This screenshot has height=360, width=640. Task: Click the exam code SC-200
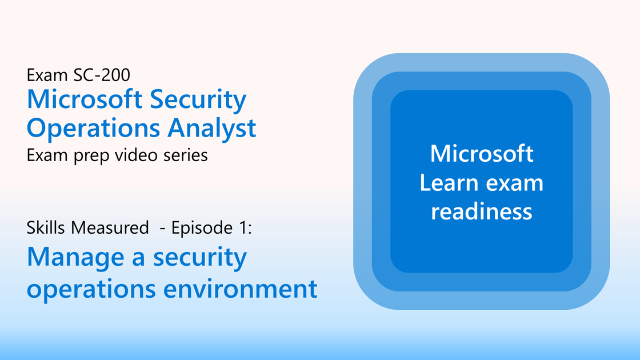point(102,75)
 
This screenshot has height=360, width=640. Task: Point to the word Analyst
point(211,128)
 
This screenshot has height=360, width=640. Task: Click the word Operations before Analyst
point(93,128)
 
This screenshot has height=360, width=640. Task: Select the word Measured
point(110,227)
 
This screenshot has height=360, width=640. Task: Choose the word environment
point(241,289)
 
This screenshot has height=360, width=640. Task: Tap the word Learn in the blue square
point(449,182)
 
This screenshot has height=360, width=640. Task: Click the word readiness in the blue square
point(482,211)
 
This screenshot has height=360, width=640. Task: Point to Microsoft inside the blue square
point(482,154)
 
